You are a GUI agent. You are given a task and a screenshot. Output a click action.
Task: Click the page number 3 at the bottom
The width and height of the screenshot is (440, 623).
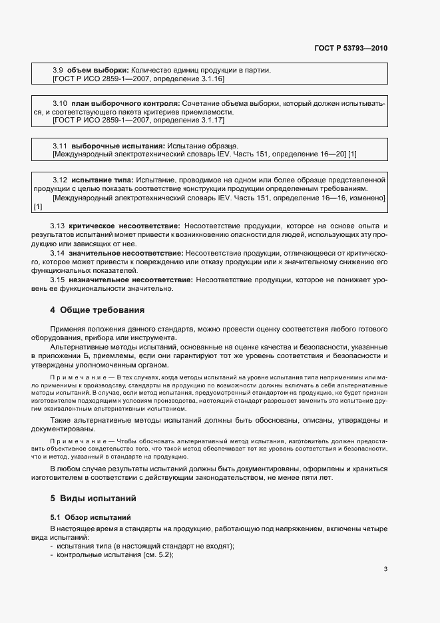385,568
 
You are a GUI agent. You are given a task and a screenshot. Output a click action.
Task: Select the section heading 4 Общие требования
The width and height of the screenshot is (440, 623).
97,310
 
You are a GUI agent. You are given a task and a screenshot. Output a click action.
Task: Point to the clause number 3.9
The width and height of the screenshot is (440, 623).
57,70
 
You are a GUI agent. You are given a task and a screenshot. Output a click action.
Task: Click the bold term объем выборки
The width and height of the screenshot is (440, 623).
98,70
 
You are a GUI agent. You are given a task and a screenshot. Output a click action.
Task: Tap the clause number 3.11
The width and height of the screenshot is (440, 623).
60,145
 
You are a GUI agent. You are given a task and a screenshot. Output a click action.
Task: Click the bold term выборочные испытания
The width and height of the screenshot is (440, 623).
117,145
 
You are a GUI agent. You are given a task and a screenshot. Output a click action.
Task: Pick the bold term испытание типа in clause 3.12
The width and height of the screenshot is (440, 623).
102,180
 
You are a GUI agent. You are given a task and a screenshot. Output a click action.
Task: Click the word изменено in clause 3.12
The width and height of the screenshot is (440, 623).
366,198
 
